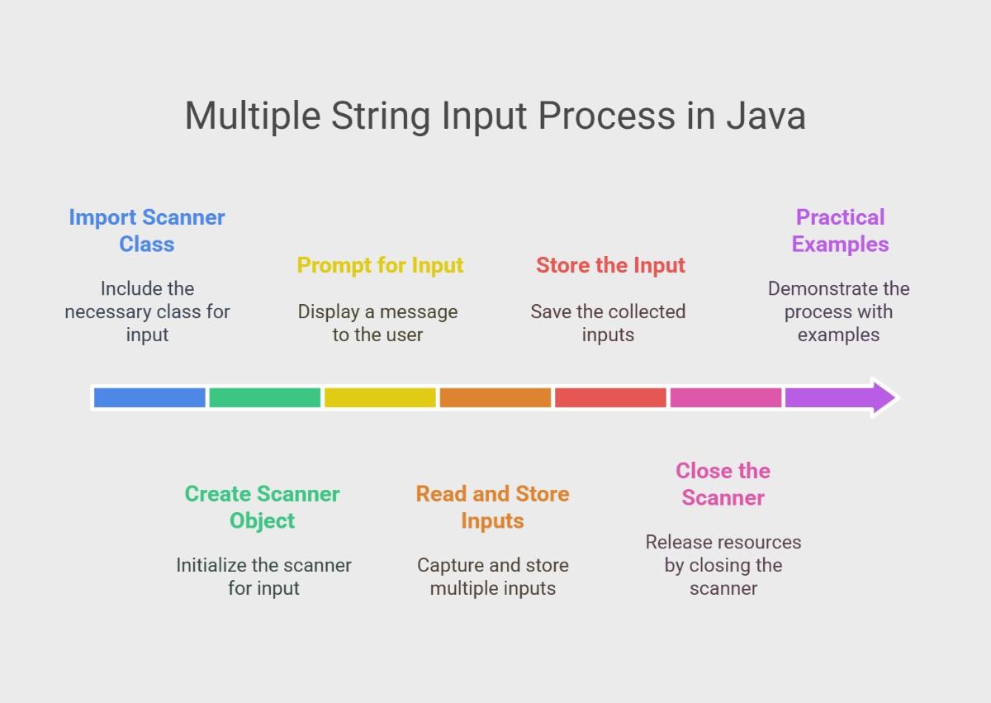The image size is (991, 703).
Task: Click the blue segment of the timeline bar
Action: pos(149,397)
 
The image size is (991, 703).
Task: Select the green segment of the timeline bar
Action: pos(264,397)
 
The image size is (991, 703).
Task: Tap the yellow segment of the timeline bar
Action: pos(380,397)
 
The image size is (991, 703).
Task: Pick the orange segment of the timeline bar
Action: pos(495,397)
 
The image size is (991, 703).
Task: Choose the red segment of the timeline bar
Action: pos(610,397)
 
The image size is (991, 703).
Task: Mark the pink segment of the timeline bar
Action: pos(726,397)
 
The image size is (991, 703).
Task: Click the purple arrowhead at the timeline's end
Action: pos(883,397)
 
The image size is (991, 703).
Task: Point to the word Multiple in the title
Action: pos(253,116)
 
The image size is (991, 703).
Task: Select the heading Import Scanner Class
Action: pos(147,230)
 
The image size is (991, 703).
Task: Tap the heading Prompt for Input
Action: pos(380,266)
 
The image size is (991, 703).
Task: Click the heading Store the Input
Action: pos(610,265)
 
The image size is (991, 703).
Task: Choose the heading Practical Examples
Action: pos(840,230)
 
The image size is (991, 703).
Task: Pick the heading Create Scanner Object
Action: pos(262,507)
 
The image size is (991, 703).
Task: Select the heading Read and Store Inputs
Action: pos(492,507)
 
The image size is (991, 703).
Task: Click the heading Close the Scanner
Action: pos(723,484)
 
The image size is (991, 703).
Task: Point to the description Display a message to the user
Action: pos(378,323)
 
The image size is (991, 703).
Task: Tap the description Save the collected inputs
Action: pos(609,323)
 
